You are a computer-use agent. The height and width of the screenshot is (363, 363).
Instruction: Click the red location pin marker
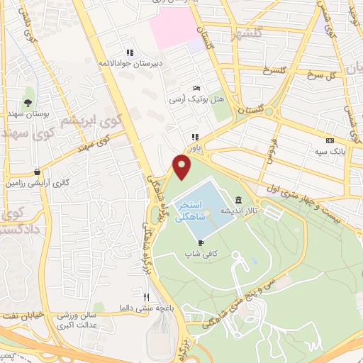point(183,167)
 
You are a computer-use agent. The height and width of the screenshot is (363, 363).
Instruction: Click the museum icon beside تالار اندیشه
point(238,200)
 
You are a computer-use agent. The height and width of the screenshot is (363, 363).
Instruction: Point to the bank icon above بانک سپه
point(329,141)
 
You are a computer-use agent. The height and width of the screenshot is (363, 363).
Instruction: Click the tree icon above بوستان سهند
point(28,93)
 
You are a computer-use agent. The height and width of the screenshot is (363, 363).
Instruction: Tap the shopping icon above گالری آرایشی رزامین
point(36,172)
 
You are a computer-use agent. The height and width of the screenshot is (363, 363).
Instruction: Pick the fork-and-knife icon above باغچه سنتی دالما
point(147,297)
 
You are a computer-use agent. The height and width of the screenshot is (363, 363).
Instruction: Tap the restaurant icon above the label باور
point(194,138)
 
